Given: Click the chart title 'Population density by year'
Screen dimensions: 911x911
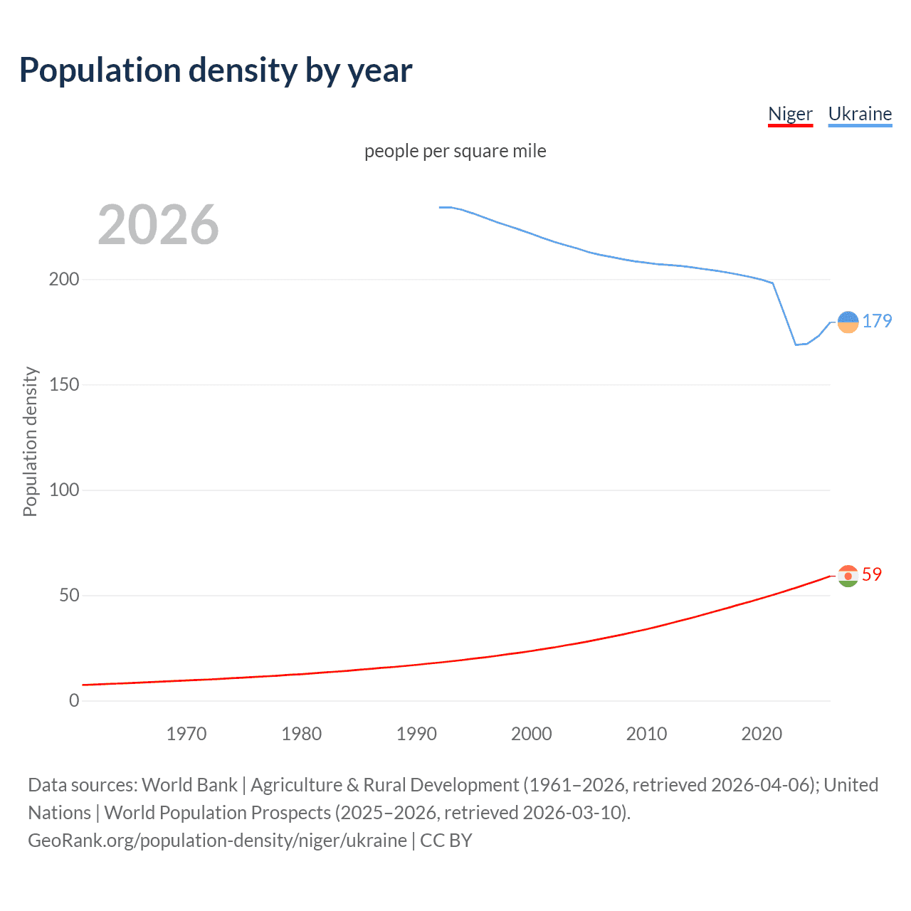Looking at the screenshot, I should (x=216, y=70).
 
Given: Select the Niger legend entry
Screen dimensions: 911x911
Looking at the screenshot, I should (x=790, y=114).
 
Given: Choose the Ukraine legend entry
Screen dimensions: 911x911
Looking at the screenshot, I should (x=860, y=114).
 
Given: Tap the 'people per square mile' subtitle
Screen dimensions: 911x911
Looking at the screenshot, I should (x=455, y=152).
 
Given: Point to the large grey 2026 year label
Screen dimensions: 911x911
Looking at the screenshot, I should (x=158, y=225).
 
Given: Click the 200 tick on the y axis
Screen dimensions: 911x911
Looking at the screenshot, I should (x=64, y=279).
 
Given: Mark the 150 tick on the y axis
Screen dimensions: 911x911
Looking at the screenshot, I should (x=64, y=384).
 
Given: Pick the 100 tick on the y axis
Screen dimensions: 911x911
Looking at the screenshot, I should (x=64, y=490).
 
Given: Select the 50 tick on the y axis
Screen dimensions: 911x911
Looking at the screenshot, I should (x=69, y=595).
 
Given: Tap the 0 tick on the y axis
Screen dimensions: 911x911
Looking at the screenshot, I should (x=74, y=700).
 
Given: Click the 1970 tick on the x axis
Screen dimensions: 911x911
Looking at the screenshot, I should (x=186, y=734).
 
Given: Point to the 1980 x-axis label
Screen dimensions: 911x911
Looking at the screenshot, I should (x=301, y=734).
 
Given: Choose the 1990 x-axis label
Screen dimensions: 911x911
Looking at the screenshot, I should (x=416, y=734).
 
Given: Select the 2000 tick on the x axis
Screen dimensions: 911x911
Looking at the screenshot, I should (x=532, y=734).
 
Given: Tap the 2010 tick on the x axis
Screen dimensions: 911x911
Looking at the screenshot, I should (x=646, y=734).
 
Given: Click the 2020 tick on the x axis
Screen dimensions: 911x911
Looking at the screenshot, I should (x=762, y=734).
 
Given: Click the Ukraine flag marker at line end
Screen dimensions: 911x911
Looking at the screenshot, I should (x=848, y=322).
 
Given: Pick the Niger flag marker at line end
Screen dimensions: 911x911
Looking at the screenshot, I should (x=848, y=576).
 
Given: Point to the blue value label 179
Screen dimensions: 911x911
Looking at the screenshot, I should (x=877, y=322).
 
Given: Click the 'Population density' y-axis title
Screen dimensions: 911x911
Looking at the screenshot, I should (x=30, y=441).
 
